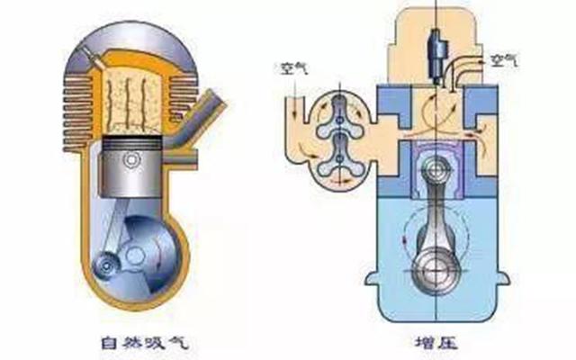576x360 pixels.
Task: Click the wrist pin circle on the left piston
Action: pyautogui.click(x=132, y=159)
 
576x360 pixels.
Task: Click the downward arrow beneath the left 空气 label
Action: pyautogui.click(x=292, y=90)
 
